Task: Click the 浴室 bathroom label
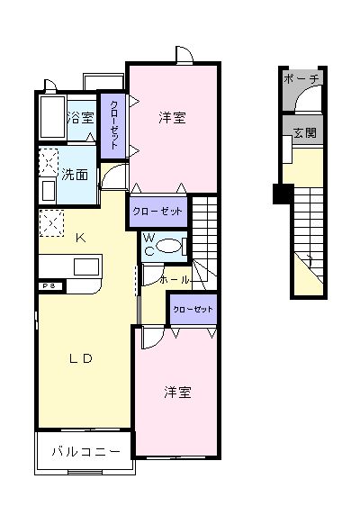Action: [81, 117]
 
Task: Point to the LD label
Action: [82, 358]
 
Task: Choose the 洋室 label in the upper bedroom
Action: [173, 117]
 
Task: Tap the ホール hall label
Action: [174, 280]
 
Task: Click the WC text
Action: [150, 244]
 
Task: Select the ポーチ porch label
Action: [301, 80]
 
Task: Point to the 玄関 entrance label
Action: [304, 133]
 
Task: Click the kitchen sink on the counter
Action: [87, 267]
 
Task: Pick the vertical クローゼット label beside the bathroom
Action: [114, 126]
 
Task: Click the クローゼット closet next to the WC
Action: [157, 211]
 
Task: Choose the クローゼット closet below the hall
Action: [193, 309]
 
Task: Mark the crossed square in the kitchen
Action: [50, 221]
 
